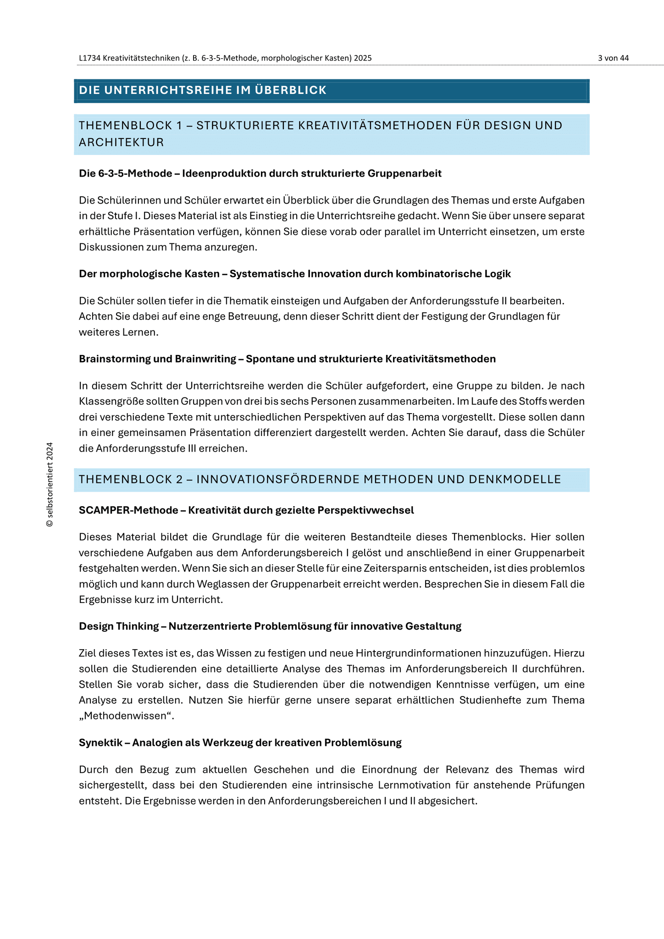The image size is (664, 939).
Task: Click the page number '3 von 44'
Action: coord(613,58)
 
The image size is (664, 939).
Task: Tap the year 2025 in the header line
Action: coord(363,58)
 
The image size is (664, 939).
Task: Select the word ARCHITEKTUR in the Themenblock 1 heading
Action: coord(121,143)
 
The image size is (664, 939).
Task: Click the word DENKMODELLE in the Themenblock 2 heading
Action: coord(515,480)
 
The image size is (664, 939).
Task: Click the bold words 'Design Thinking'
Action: coord(119,626)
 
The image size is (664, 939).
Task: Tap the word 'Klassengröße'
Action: coord(111,402)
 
